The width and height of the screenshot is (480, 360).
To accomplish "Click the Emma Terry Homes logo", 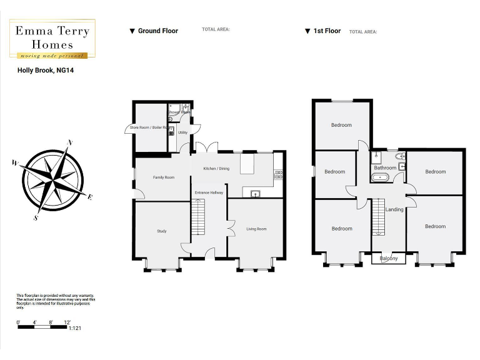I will [x=52, y=38].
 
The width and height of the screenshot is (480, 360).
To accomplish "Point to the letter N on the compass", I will [x=71, y=142].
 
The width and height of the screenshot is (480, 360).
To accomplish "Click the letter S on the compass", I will [x=36, y=218].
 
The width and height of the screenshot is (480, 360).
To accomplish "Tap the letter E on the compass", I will [x=90, y=197].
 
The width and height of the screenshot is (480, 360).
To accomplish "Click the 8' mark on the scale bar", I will [x=51, y=322].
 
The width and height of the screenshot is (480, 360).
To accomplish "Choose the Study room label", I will [x=161, y=232].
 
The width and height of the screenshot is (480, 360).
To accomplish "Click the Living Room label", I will [x=256, y=229].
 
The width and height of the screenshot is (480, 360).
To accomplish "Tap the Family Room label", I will [x=164, y=177].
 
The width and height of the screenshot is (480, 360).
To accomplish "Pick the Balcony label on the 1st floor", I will [x=388, y=258].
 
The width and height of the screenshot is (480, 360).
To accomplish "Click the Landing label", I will [x=394, y=209].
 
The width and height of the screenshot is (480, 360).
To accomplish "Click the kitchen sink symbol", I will [x=256, y=194].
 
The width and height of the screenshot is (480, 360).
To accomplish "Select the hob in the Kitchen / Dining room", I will [x=278, y=174].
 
